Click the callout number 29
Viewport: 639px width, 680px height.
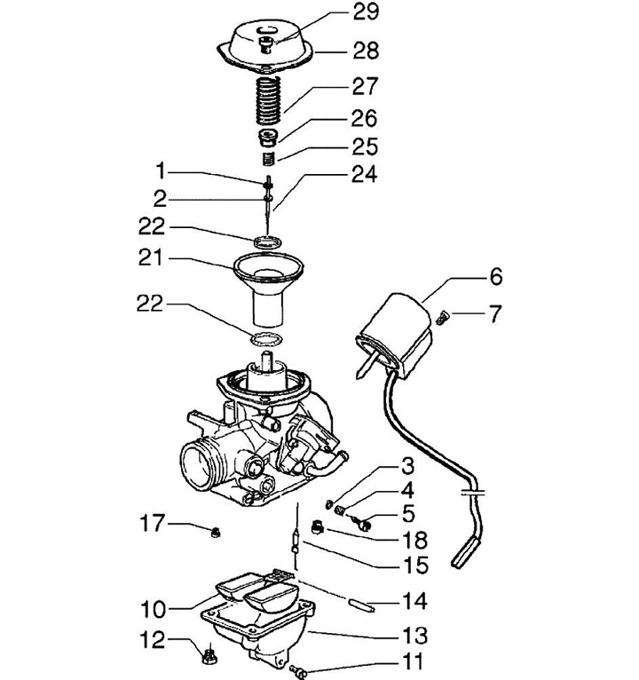(366, 12)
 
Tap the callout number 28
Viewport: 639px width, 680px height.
(366, 51)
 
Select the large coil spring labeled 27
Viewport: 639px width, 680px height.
(268, 99)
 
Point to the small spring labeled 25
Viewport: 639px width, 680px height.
(269, 158)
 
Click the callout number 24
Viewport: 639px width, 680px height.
(364, 174)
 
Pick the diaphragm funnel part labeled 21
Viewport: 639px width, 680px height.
(268, 289)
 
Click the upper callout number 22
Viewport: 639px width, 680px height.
(152, 226)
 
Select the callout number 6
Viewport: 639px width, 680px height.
(496, 277)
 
